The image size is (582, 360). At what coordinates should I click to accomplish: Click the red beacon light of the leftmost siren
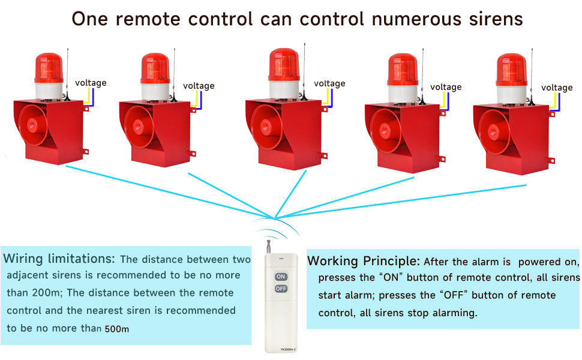(x=49, y=68)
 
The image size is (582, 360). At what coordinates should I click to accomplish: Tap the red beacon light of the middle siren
(x=284, y=65)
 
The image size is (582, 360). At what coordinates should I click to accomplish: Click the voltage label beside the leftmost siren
(x=91, y=83)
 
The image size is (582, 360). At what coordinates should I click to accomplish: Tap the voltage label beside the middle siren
(x=329, y=83)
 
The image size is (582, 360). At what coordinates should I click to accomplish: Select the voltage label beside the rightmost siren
(x=557, y=88)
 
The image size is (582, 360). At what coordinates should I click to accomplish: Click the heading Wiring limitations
(x=59, y=259)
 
